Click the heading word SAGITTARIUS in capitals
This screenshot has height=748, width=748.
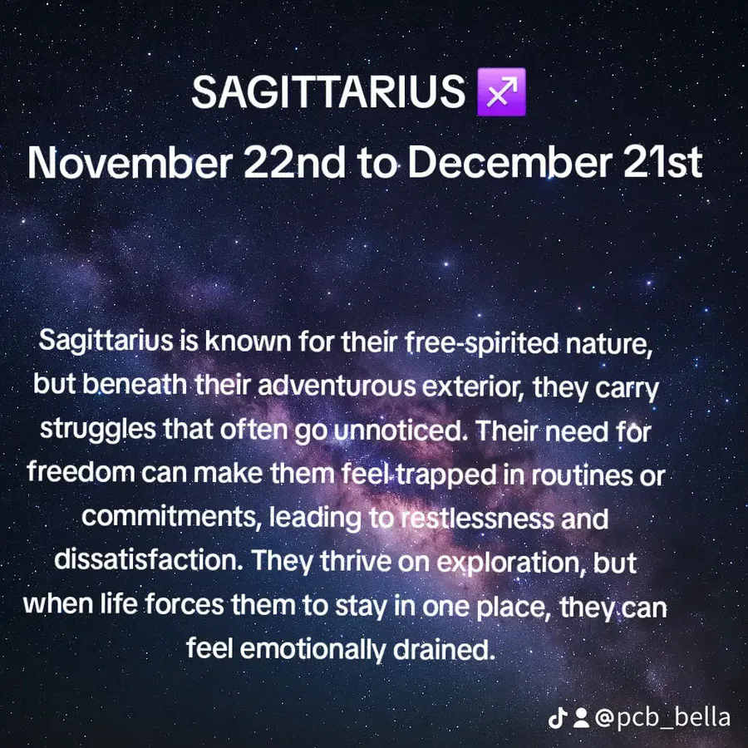point(328,91)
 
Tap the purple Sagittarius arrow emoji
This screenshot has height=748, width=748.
point(501,91)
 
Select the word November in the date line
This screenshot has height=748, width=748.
point(130,162)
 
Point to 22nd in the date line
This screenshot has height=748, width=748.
point(295,162)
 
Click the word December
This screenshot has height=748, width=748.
point(509,162)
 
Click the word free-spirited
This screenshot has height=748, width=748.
point(482,343)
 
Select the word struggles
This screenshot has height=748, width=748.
point(98,430)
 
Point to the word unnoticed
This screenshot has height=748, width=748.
point(401,430)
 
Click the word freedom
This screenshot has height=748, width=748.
point(81,472)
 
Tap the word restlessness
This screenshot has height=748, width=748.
point(477,518)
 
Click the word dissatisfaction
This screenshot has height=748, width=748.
point(149,560)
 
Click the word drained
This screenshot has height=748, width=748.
point(444,649)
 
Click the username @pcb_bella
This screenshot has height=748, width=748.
point(662,718)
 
